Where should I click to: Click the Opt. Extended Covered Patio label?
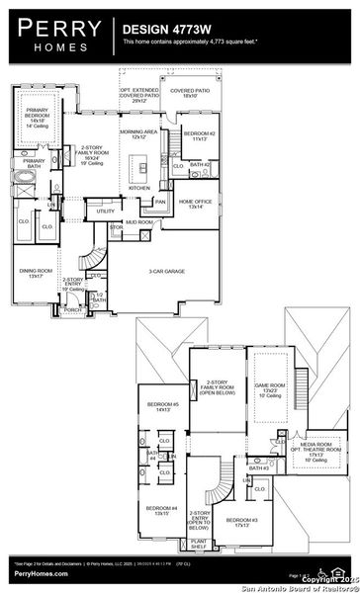tap(139, 95)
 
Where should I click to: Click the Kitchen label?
tap(139, 187)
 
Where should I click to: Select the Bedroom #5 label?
tap(162, 406)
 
